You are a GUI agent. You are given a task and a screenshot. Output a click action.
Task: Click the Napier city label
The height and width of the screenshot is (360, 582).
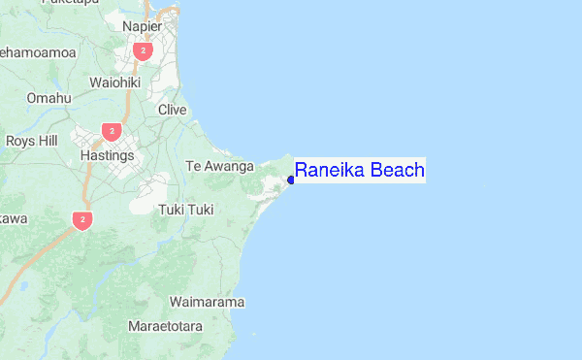pyautogui.click(x=142, y=27)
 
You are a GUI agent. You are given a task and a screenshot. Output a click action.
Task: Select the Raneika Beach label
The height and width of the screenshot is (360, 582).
pyautogui.click(x=359, y=172)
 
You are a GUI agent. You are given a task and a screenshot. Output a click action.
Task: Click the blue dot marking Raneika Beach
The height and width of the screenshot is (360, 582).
pyautogui.click(x=291, y=180)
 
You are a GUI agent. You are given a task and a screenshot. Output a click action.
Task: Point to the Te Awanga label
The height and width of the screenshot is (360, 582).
pyautogui.click(x=219, y=166)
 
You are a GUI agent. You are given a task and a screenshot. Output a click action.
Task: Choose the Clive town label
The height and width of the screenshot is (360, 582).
pyautogui.click(x=172, y=110)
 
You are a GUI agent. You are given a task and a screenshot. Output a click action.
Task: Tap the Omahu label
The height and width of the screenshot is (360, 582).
pyautogui.click(x=48, y=98)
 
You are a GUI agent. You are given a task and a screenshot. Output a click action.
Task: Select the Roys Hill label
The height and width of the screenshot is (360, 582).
pyautogui.click(x=31, y=141)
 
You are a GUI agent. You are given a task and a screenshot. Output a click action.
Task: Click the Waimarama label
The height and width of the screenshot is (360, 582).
pyautogui.click(x=207, y=302)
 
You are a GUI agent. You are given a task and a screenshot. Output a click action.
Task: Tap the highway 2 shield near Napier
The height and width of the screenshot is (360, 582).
pyautogui.click(x=144, y=50)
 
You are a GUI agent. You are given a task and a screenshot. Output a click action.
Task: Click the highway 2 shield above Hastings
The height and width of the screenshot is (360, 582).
pyautogui.click(x=113, y=130)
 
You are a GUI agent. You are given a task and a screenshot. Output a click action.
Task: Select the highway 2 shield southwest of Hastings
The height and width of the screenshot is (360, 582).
pyautogui.click(x=82, y=220)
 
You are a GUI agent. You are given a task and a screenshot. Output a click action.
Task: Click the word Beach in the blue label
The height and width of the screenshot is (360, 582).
pyautogui.click(x=396, y=172)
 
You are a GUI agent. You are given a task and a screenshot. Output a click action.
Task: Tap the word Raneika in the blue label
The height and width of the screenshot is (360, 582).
pyautogui.click(x=328, y=172)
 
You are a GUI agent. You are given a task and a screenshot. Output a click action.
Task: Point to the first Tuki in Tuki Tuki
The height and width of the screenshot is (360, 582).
pyautogui.click(x=171, y=209)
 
